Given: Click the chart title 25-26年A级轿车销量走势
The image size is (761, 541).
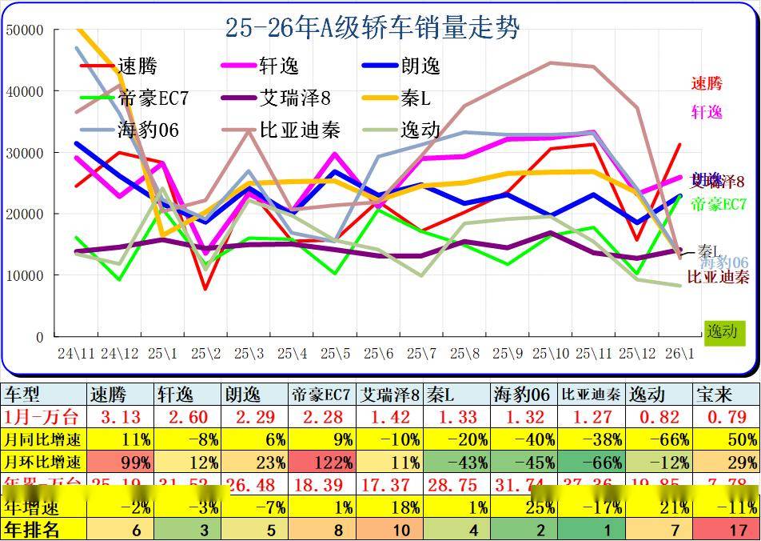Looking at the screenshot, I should pyautogui.click(x=373, y=29).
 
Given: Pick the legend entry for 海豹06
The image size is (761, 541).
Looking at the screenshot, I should pyautogui.click(x=148, y=129).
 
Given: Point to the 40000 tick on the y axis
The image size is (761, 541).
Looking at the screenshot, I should pyautogui.click(x=25, y=91).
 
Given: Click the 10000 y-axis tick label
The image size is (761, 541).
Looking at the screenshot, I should pyautogui.click(x=25, y=275).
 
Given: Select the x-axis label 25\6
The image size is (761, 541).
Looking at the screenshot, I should pyautogui.click(x=379, y=352).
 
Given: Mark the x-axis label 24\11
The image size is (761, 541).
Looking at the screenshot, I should pyautogui.click(x=77, y=352).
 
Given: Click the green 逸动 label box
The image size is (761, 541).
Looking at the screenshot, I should pyautogui.click(x=722, y=331).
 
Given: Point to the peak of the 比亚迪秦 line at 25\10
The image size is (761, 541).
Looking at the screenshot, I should pyautogui.click(x=550, y=62).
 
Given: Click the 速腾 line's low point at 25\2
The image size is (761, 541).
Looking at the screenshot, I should pyautogui.click(x=206, y=289).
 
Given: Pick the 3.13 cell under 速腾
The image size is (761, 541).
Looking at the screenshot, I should pyautogui.click(x=120, y=416).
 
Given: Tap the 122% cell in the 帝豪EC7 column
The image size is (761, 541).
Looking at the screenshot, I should pyautogui.click(x=321, y=462).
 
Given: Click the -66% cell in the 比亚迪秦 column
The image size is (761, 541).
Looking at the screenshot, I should pyautogui.click(x=592, y=462).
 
